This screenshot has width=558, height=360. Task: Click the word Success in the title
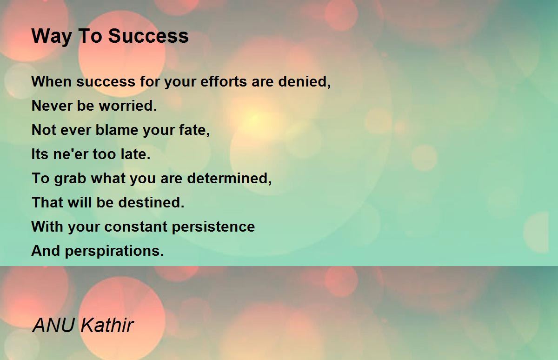pyautogui.click(x=148, y=36)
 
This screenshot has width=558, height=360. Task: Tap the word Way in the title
pyautogui.click(x=52, y=37)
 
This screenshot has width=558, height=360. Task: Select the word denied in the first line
pyautogui.click(x=305, y=82)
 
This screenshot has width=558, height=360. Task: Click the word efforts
pyautogui.click(x=224, y=81)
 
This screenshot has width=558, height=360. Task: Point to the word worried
pyautogui.click(x=128, y=106)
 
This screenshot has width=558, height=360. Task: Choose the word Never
pyautogui.click(x=52, y=106)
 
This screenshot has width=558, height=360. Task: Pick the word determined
pyautogui.click(x=229, y=179)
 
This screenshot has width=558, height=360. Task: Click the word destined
pyautogui.click(x=151, y=202)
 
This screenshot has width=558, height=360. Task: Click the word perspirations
pyautogui.click(x=114, y=251)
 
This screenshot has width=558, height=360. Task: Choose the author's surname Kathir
pyautogui.click(x=107, y=325)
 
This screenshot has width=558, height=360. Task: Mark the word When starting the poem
pyautogui.click(x=52, y=81)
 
